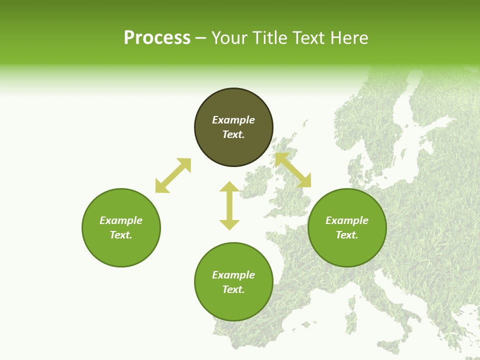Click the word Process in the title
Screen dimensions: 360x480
coord(157,38)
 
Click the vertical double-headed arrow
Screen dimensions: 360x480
coord(229,205)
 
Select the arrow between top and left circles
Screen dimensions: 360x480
coord(173,175)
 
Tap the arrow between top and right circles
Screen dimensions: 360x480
coord(293,170)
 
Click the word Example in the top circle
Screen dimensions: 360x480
coord(233,120)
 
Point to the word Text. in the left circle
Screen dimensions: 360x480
coord(121,235)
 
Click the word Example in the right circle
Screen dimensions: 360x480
coord(347,220)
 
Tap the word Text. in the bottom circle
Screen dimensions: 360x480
coord(233,289)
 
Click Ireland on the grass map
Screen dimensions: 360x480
coord(258,179)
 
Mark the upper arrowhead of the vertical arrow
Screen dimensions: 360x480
coord(229,187)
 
